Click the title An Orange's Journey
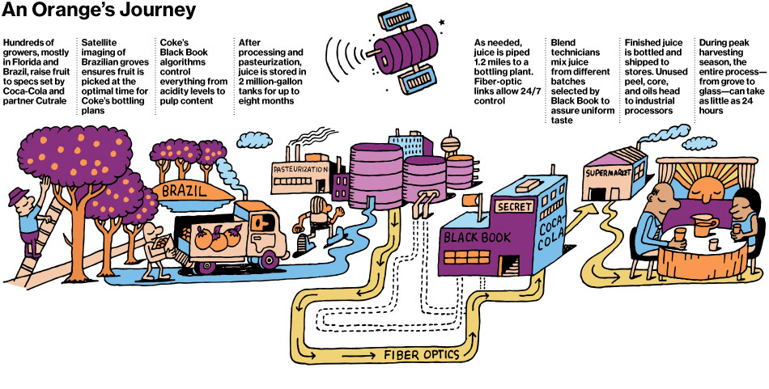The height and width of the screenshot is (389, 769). (x=100, y=11)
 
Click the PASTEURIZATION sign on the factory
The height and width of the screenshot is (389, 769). (x=301, y=169)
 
